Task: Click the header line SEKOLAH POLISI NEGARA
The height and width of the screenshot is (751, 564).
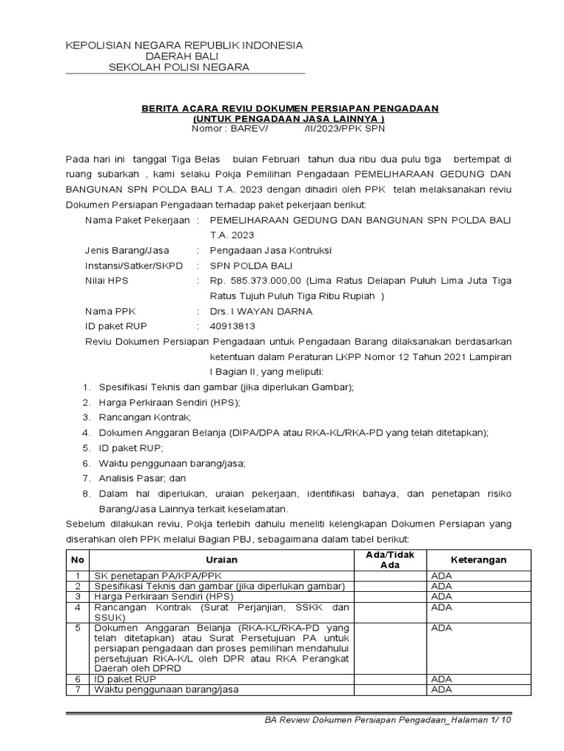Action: (x=178, y=67)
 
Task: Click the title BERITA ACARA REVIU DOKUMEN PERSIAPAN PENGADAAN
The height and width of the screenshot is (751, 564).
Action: (x=289, y=109)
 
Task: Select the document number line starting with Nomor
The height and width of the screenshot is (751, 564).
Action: (x=288, y=128)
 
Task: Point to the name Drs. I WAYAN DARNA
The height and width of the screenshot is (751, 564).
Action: (x=261, y=310)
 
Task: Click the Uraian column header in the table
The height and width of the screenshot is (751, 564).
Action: (x=221, y=560)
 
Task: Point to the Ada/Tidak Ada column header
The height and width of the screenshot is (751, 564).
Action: (x=390, y=560)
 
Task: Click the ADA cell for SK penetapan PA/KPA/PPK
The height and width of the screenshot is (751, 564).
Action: (x=441, y=576)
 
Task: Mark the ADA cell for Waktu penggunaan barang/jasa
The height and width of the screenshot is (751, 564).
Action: (x=441, y=689)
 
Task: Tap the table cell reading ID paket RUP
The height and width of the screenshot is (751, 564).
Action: (x=123, y=680)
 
